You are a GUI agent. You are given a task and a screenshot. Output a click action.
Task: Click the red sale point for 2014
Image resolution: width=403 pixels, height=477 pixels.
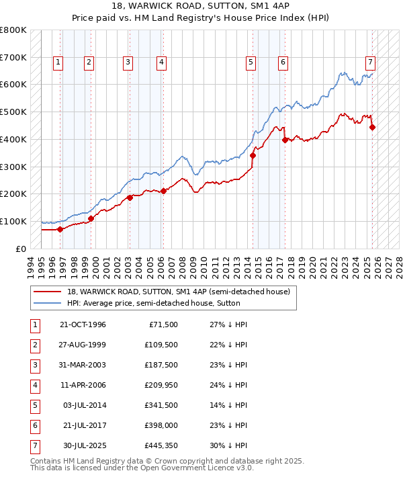pos(253,155)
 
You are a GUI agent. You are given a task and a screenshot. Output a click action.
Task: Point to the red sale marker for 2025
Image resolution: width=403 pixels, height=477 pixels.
pos(372,127)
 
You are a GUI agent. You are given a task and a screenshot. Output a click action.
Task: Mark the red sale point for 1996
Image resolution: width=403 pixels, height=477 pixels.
pos(60,229)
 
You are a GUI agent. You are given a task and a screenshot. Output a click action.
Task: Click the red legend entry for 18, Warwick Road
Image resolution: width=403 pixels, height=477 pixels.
pos(178,292)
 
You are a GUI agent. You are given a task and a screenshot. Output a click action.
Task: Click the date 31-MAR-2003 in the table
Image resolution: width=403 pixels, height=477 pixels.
pos(83,365)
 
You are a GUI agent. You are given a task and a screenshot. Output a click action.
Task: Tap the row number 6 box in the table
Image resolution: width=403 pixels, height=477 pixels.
pos(34,425)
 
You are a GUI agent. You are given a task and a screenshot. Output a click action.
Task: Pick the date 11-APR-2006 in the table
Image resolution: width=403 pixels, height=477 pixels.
pos(83,385)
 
